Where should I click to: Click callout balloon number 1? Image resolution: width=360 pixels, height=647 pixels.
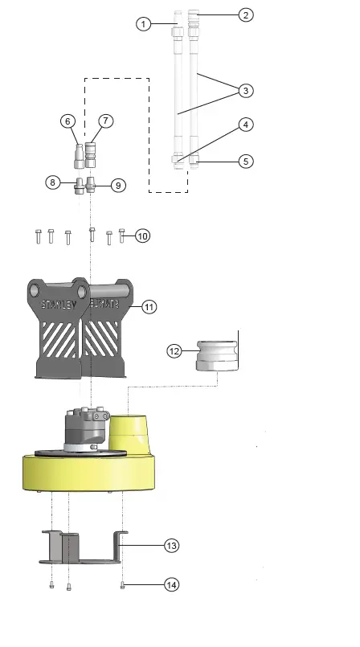(143, 24)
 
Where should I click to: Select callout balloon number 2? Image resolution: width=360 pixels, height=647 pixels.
(246, 14)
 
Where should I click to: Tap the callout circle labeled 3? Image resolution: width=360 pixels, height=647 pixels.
(246, 90)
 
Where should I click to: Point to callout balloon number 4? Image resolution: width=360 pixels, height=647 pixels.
(246, 125)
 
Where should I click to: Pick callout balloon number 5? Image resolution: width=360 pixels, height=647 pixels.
(246, 161)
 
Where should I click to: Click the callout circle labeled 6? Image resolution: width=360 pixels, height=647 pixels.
(68, 121)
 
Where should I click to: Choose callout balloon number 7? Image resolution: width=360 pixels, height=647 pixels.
(105, 121)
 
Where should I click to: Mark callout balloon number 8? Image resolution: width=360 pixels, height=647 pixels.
(53, 182)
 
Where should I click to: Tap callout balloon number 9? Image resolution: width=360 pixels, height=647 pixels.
(117, 185)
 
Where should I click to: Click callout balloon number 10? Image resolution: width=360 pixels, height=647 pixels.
(142, 235)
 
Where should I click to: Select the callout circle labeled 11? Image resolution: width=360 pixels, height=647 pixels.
(149, 306)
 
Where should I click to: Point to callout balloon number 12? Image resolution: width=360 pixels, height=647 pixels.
(174, 350)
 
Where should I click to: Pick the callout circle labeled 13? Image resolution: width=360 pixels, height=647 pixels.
(170, 545)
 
